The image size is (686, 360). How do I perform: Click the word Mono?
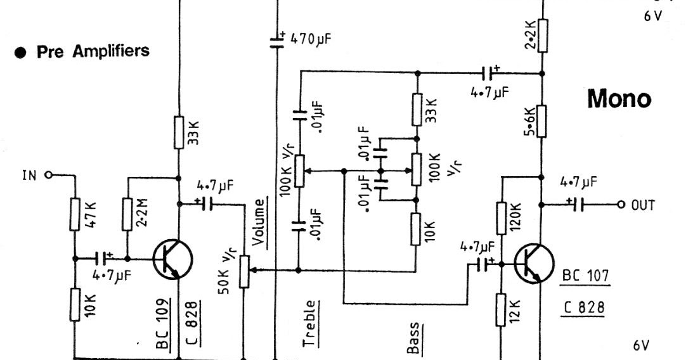(619, 98)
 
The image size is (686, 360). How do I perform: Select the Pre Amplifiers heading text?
(93, 52)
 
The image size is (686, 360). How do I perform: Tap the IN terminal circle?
(48, 176)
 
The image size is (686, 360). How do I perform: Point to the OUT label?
(642, 205)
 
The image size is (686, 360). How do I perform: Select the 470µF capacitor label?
(311, 39)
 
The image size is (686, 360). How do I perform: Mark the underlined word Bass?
(413, 338)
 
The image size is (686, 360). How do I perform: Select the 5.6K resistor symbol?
(543, 120)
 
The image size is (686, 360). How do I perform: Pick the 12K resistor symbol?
(501, 309)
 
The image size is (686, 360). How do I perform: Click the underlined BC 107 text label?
(585, 276)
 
